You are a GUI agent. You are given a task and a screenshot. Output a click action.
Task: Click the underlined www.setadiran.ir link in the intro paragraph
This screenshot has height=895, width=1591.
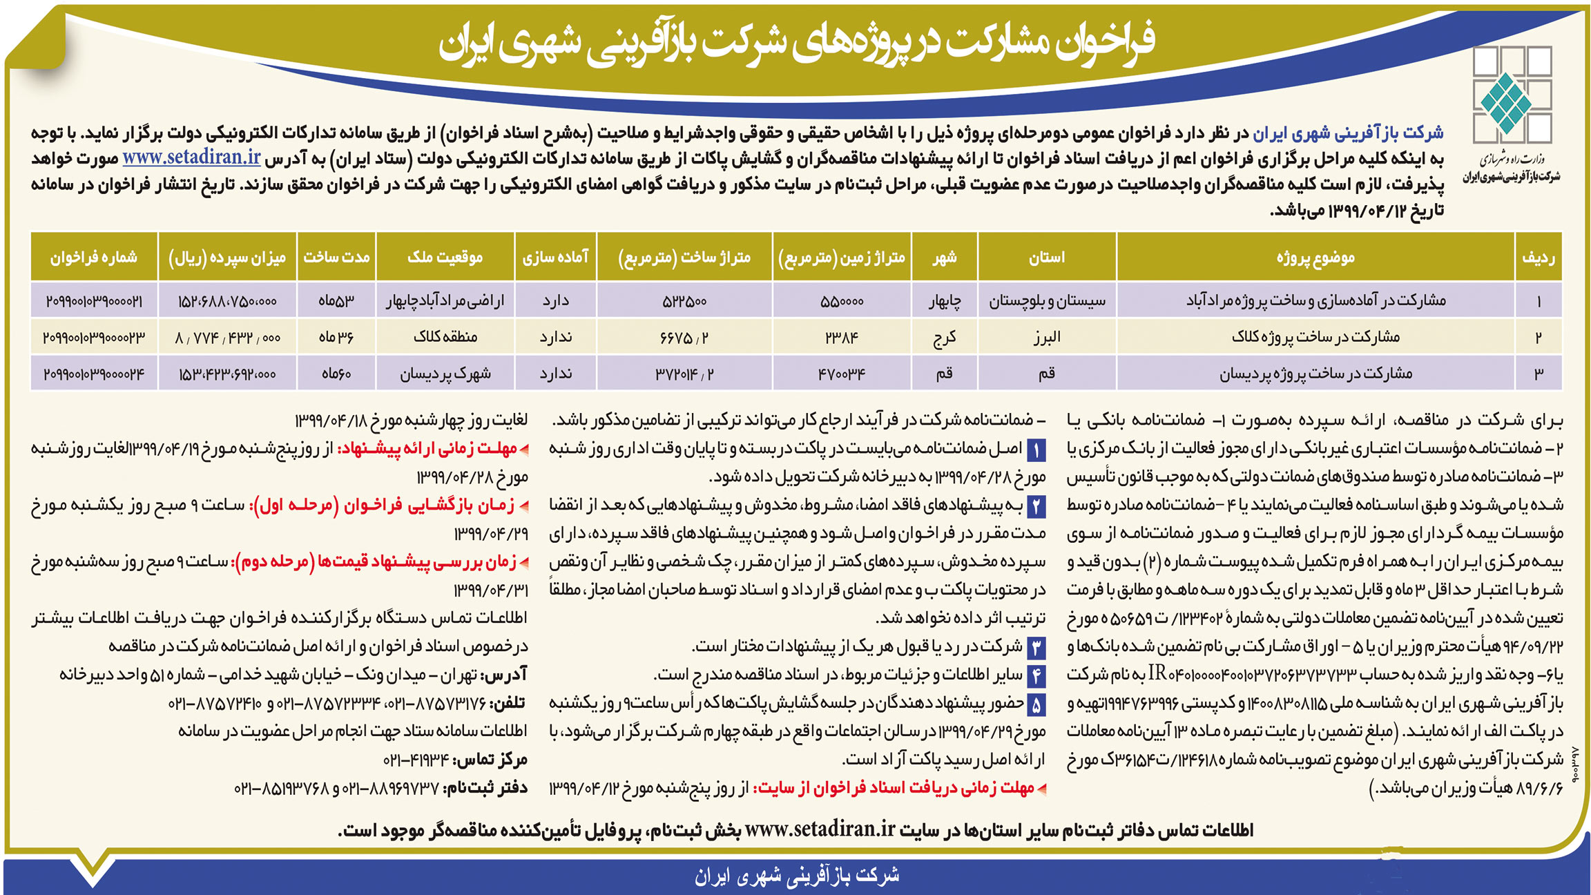(191, 157)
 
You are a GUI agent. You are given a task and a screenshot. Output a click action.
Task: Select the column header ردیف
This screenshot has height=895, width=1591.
(1538, 258)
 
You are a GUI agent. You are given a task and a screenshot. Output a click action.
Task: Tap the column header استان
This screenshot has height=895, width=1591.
(1047, 258)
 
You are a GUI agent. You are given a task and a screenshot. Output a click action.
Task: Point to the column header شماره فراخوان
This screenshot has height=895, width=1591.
(94, 258)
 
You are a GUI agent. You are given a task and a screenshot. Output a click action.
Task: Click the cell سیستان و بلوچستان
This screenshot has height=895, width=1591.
(1047, 300)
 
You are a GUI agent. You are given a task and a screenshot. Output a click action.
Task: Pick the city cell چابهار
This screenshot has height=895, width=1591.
(944, 300)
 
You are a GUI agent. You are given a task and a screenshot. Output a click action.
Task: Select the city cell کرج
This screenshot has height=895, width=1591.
(944, 337)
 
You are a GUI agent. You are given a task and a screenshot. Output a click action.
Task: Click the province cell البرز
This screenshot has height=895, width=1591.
(1047, 337)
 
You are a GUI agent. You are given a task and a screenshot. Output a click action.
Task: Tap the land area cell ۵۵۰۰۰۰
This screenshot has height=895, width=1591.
(842, 301)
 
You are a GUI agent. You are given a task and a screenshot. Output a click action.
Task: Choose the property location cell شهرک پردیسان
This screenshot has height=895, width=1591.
(445, 374)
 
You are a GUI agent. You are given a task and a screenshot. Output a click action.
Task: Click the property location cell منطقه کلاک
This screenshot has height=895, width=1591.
(445, 337)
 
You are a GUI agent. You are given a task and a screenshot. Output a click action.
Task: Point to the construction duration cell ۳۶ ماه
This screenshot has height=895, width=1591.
(336, 337)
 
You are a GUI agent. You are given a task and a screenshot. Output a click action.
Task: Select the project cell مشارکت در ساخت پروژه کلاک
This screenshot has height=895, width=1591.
(1315, 337)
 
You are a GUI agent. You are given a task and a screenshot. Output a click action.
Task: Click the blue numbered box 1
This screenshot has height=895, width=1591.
(1036, 450)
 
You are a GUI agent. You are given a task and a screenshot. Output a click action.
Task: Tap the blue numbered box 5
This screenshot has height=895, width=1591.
(1036, 705)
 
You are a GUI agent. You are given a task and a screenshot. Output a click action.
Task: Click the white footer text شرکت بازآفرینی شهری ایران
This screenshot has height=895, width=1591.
(796, 876)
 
